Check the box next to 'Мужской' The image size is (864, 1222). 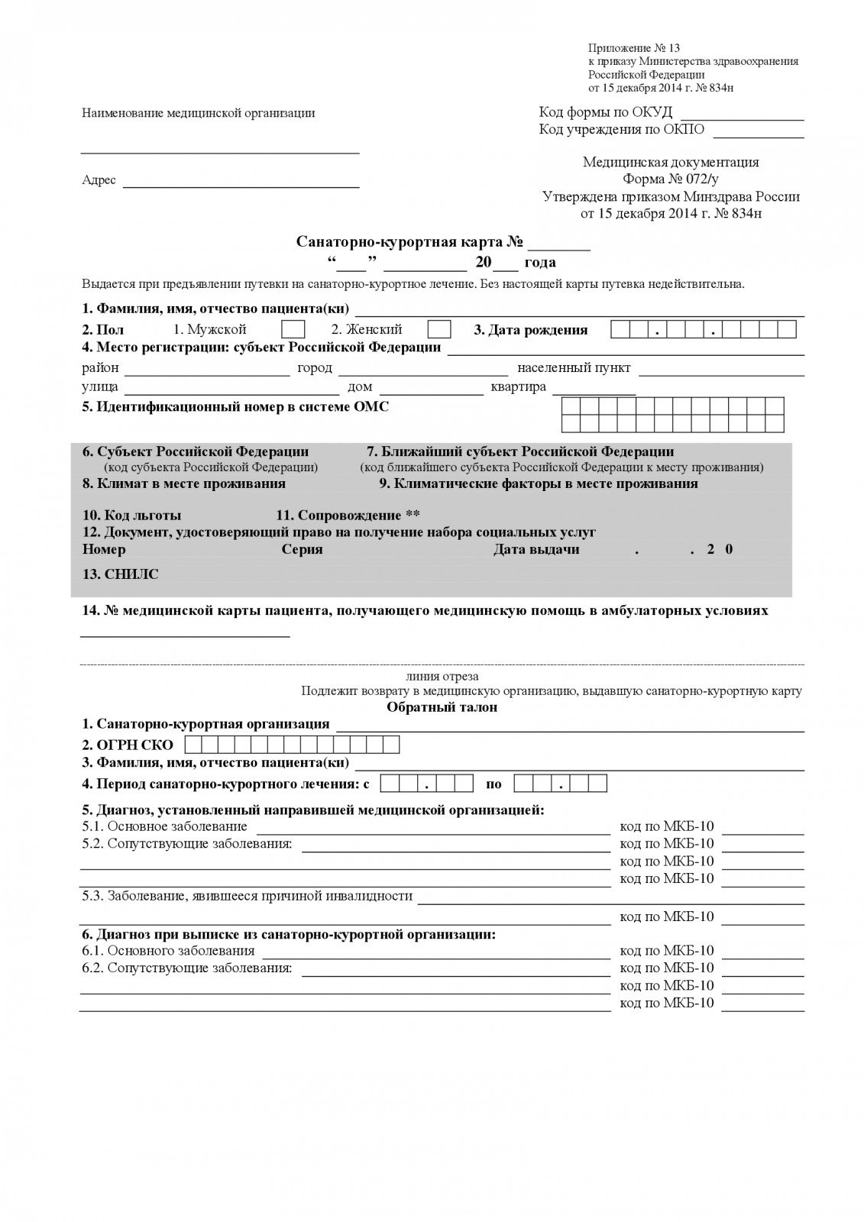click(293, 330)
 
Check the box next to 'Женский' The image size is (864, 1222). click(438, 330)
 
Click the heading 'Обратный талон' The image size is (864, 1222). click(442, 707)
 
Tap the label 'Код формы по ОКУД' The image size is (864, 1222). click(605, 112)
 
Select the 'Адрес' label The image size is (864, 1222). click(99, 180)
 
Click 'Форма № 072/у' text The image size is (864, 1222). click(671, 179)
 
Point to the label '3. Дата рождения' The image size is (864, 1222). click(531, 330)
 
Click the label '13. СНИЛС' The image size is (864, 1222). click(121, 574)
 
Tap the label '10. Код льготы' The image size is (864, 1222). click(132, 516)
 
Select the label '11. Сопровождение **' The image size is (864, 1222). click(348, 516)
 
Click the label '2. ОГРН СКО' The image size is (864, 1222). click(128, 745)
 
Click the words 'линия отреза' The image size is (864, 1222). click(443, 677)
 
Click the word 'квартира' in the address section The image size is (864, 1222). click(519, 386)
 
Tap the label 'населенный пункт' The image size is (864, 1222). click(574, 368)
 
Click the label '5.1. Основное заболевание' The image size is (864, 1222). click(165, 826)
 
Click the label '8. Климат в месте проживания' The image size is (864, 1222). click(184, 483)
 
